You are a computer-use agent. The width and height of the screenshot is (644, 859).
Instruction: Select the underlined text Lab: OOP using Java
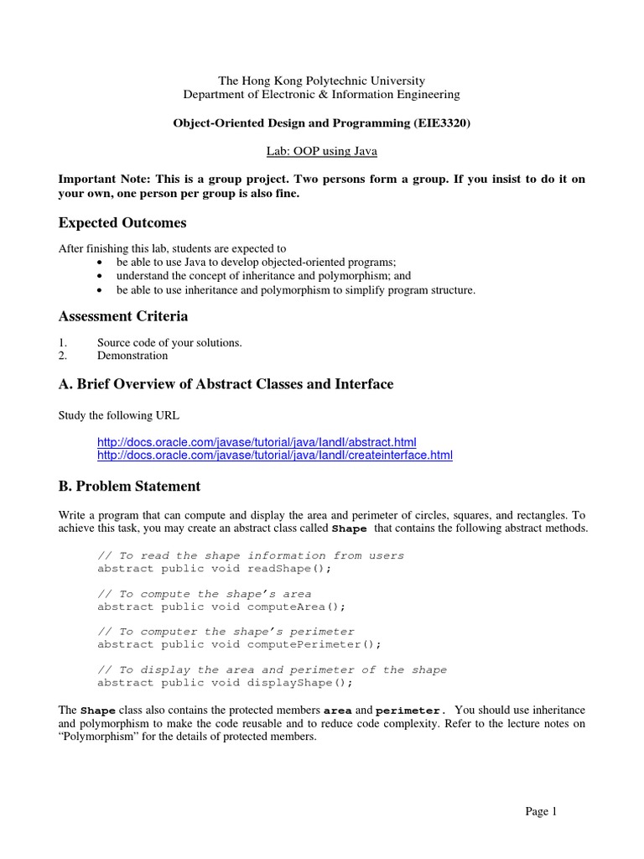(321, 151)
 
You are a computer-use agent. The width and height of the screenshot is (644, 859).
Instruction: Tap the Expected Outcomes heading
(122, 223)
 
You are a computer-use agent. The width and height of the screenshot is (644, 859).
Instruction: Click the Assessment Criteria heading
(122, 316)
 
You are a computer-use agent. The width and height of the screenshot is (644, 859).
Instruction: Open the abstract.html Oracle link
(257, 442)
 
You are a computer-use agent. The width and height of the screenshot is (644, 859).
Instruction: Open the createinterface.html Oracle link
(275, 456)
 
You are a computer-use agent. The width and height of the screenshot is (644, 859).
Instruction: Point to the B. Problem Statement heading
(129, 487)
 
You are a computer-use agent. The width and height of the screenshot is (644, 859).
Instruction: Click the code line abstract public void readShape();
(215, 569)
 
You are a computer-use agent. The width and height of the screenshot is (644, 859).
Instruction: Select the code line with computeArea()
(221, 607)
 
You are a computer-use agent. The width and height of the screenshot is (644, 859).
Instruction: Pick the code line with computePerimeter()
(239, 644)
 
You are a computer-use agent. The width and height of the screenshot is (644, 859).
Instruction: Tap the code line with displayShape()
(225, 683)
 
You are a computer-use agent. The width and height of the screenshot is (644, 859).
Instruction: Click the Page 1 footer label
(541, 811)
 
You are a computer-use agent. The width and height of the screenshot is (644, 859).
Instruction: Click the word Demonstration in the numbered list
(132, 356)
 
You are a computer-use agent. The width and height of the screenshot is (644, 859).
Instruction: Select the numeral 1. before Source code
(62, 342)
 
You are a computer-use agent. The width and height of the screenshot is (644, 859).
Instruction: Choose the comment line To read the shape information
(251, 555)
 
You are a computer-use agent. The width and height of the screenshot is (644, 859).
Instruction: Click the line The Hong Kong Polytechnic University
(321, 81)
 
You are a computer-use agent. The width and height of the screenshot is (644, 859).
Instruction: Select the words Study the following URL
(118, 414)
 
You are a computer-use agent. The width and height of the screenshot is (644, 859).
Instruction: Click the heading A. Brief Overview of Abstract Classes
(226, 384)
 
